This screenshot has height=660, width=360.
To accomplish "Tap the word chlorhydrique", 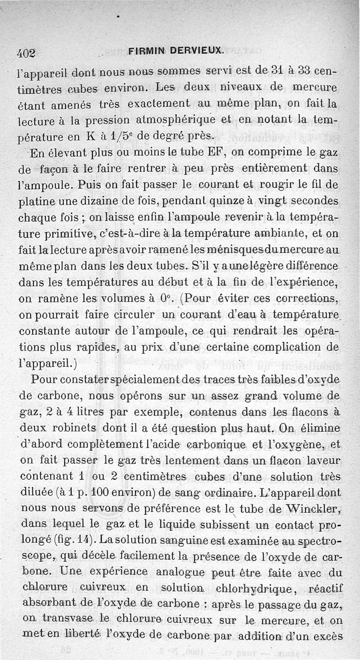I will (255, 589).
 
